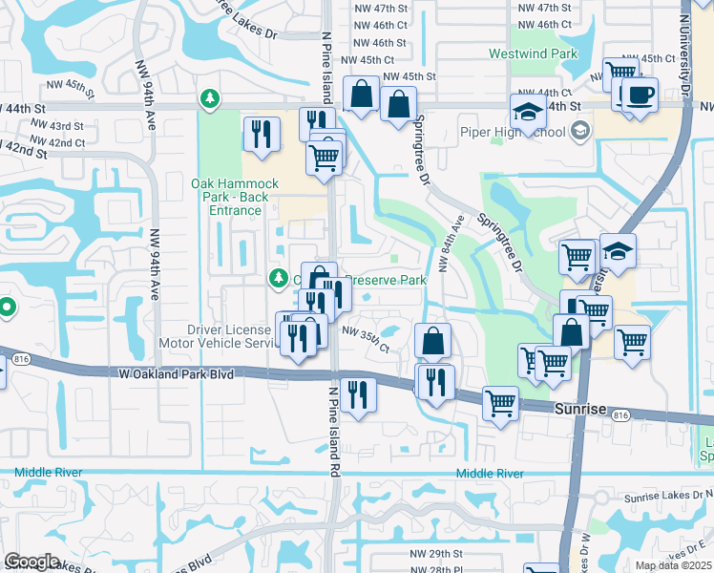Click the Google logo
[x=31, y=562]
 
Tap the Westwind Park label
[x=534, y=54]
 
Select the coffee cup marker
[x=640, y=95]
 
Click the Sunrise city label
[x=579, y=409]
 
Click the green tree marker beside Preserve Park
[x=278, y=279]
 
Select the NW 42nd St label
[x=24, y=151]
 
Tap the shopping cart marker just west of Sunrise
[x=499, y=404]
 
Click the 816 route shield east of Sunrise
[x=622, y=415]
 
